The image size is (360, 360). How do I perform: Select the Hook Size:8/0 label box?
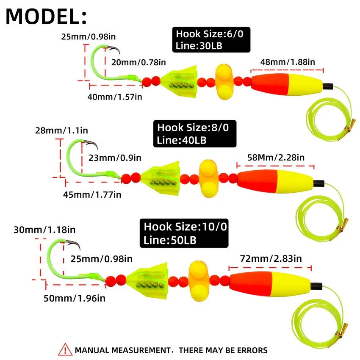[194, 133]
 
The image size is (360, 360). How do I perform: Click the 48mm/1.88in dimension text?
[288, 62]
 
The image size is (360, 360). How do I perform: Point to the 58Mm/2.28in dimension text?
[276, 157]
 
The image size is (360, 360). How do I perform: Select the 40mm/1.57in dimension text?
[114, 97]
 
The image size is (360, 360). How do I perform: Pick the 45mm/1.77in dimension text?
[92, 194]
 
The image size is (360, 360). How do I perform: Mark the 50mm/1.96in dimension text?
[75, 298]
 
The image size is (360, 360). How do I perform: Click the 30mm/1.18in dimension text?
[44, 230]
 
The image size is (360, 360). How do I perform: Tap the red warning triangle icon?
[64, 350]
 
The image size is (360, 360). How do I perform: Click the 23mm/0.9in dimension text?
[115, 158]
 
